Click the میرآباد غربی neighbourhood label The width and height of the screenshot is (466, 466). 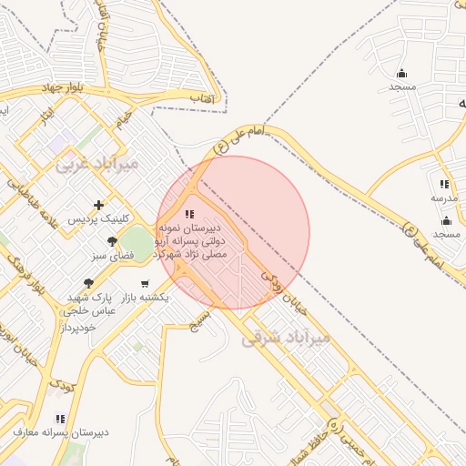pyautogui.click(x=96, y=164)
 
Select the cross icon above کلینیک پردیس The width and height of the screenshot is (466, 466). pyautogui.click(x=98, y=206)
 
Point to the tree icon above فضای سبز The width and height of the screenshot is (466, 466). pyautogui.click(x=112, y=242)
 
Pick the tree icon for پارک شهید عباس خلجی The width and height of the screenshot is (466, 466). pyautogui.click(x=88, y=284)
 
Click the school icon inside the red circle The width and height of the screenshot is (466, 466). pyautogui.click(x=188, y=213)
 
